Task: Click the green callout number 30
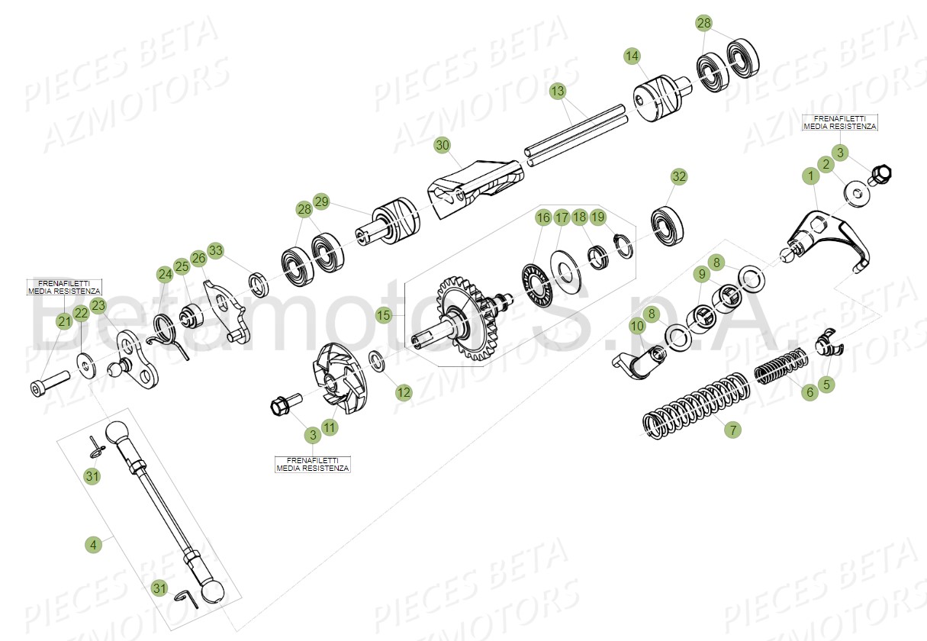click(x=443, y=145)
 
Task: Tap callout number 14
click(x=632, y=56)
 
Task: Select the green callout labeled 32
click(x=679, y=176)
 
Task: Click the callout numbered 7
click(x=732, y=430)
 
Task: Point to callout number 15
click(x=384, y=314)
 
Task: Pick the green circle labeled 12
click(x=404, y=392)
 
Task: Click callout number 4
click(x=92, y=544)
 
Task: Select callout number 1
click(x=808, y=176)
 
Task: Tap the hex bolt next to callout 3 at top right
click(x=880, y=174)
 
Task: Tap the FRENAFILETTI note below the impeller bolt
click(x=313, y=463)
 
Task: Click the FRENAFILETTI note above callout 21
click(x=64, y=287)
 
